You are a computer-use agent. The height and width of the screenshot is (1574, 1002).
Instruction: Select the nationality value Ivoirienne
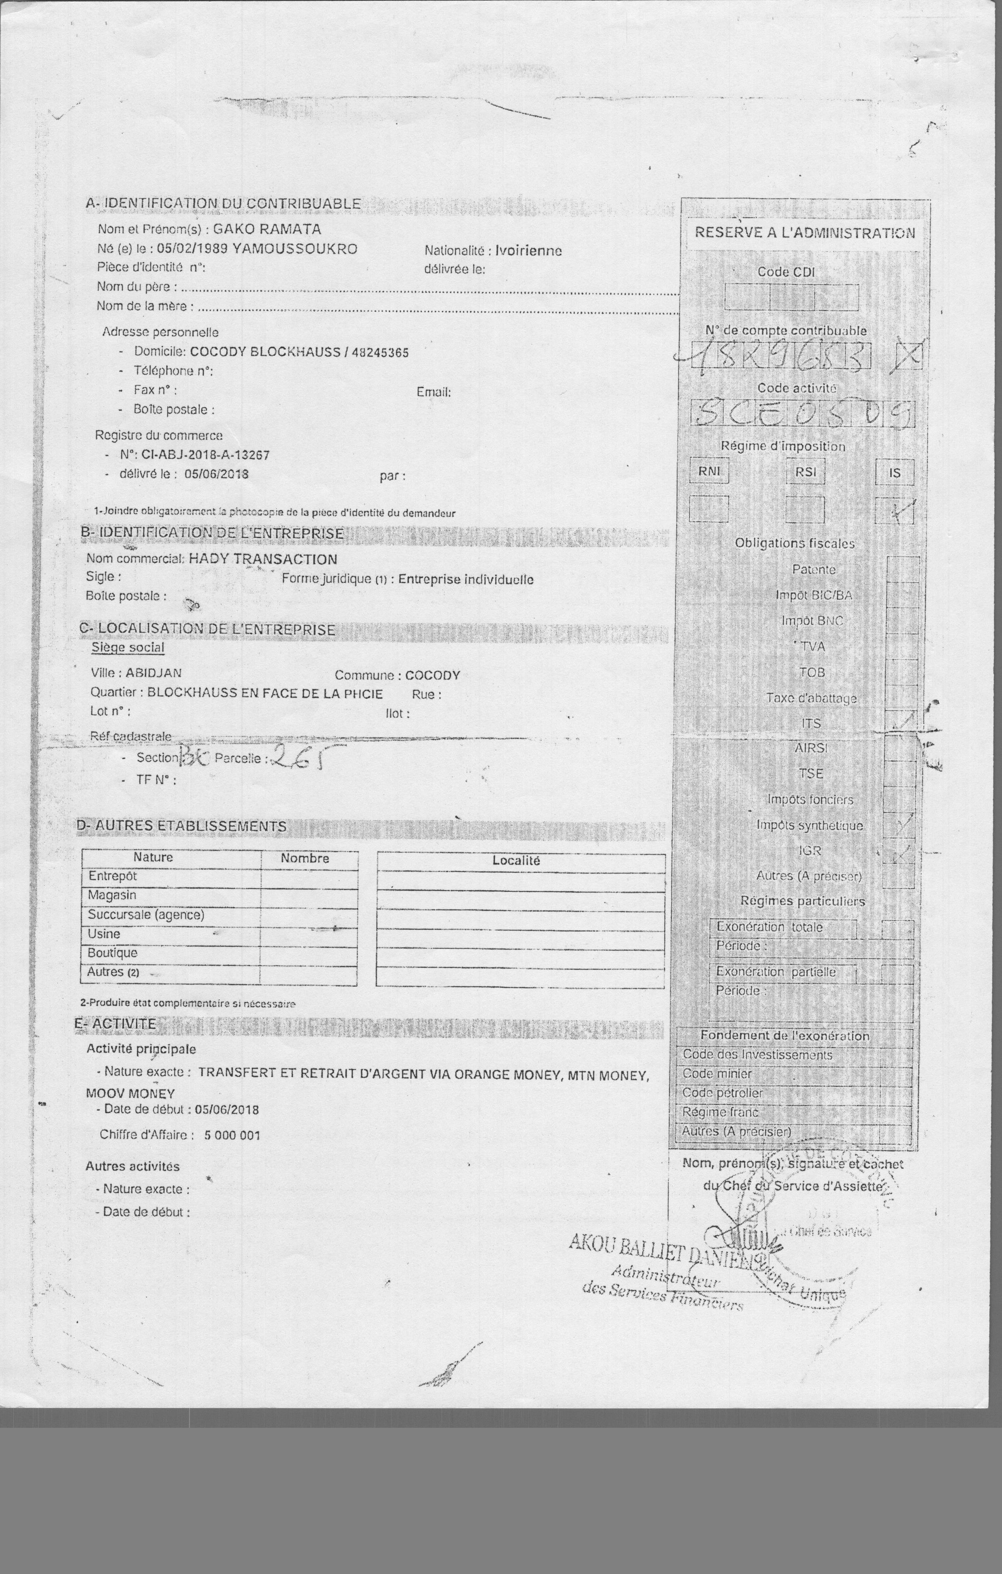point(528,250)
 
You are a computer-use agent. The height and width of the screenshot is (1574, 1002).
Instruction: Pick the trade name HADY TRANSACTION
point(263,559)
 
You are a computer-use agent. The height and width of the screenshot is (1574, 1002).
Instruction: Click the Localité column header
point(516,861)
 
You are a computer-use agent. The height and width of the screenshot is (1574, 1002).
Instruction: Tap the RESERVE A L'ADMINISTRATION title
point(804,233)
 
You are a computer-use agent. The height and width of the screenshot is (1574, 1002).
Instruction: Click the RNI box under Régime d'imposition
point(709,471)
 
